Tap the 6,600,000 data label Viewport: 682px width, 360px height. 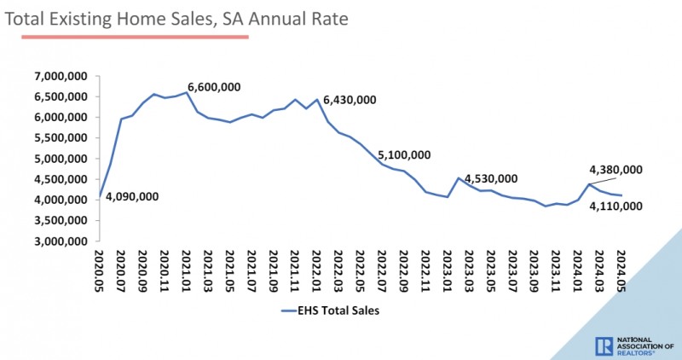(x=214, y=87)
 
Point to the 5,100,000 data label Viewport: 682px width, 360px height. (x=403, y=155)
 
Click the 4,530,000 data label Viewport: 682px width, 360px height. (x=490, y=178)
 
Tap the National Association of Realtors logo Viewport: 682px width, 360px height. (x=633, y=345)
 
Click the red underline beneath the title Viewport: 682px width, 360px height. (x=128, y=37)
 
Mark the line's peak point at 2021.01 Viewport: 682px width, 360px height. (x=187, y=92)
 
